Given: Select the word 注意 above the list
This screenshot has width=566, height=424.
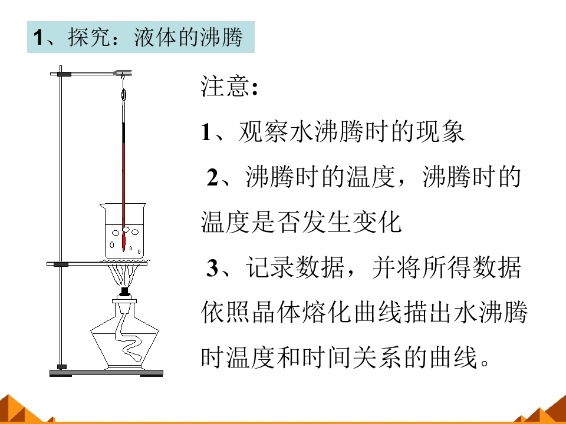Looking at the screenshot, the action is tap(225, 87).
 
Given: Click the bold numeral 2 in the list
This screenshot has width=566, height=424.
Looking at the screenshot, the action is tap(212, 177).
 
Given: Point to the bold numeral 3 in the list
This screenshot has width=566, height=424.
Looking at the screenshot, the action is tap(212, 268).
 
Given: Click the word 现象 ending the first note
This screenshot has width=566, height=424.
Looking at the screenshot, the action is tap(440, 132).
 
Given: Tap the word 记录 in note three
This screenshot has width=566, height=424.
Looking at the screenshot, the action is tap(270, 267).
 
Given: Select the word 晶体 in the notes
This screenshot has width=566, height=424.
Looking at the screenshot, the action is tap(276, 312).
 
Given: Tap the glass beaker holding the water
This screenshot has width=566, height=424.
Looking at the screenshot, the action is tap(123, 231).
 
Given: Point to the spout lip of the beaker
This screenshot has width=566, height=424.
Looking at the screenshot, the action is tap(102, 206).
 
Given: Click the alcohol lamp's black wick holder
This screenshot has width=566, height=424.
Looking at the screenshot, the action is tap(125, 291).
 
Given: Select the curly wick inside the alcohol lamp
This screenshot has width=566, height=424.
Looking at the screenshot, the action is tap(128, 334).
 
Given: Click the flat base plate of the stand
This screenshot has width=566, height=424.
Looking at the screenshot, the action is tap(106, 373).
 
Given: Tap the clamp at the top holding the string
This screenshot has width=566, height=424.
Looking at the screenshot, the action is tap(123, 74).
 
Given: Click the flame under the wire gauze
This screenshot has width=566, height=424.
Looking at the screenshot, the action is tap(124, 275).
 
